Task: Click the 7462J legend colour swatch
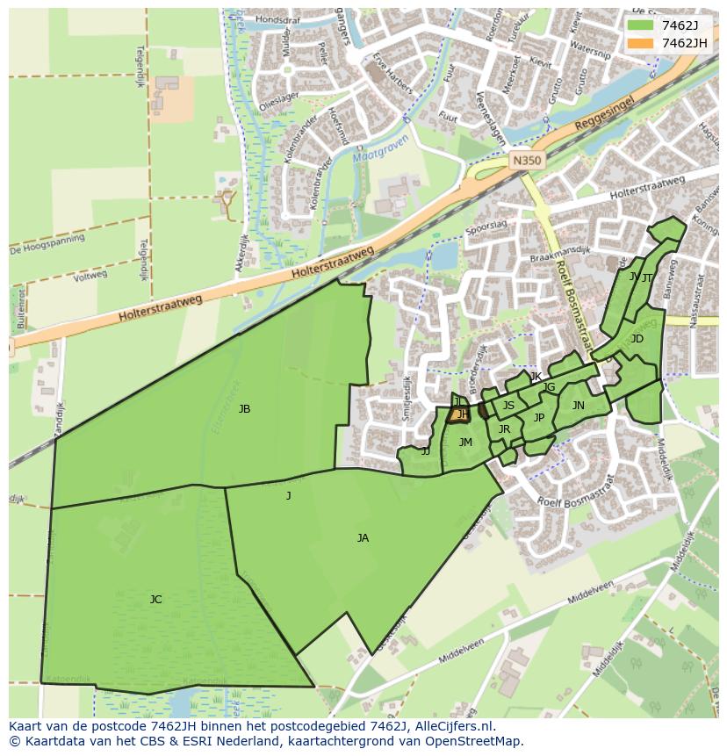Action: click(x=641, y=25)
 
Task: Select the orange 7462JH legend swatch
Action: click(x=641, y=43)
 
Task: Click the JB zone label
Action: click(x=244, y=409)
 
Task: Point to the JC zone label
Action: click(x=155, y=600)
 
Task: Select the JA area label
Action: click(x=363, y=538)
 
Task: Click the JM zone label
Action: click(x=465, y=443)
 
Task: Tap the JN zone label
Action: click(x=578, y=406)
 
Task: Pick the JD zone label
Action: click(x=637, y=339)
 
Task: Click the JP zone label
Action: click(x=539, y=418)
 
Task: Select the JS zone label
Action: click(x=508, y=406)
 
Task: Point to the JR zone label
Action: click(x=504, y=429)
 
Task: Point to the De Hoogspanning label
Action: click(x=47, y=243)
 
